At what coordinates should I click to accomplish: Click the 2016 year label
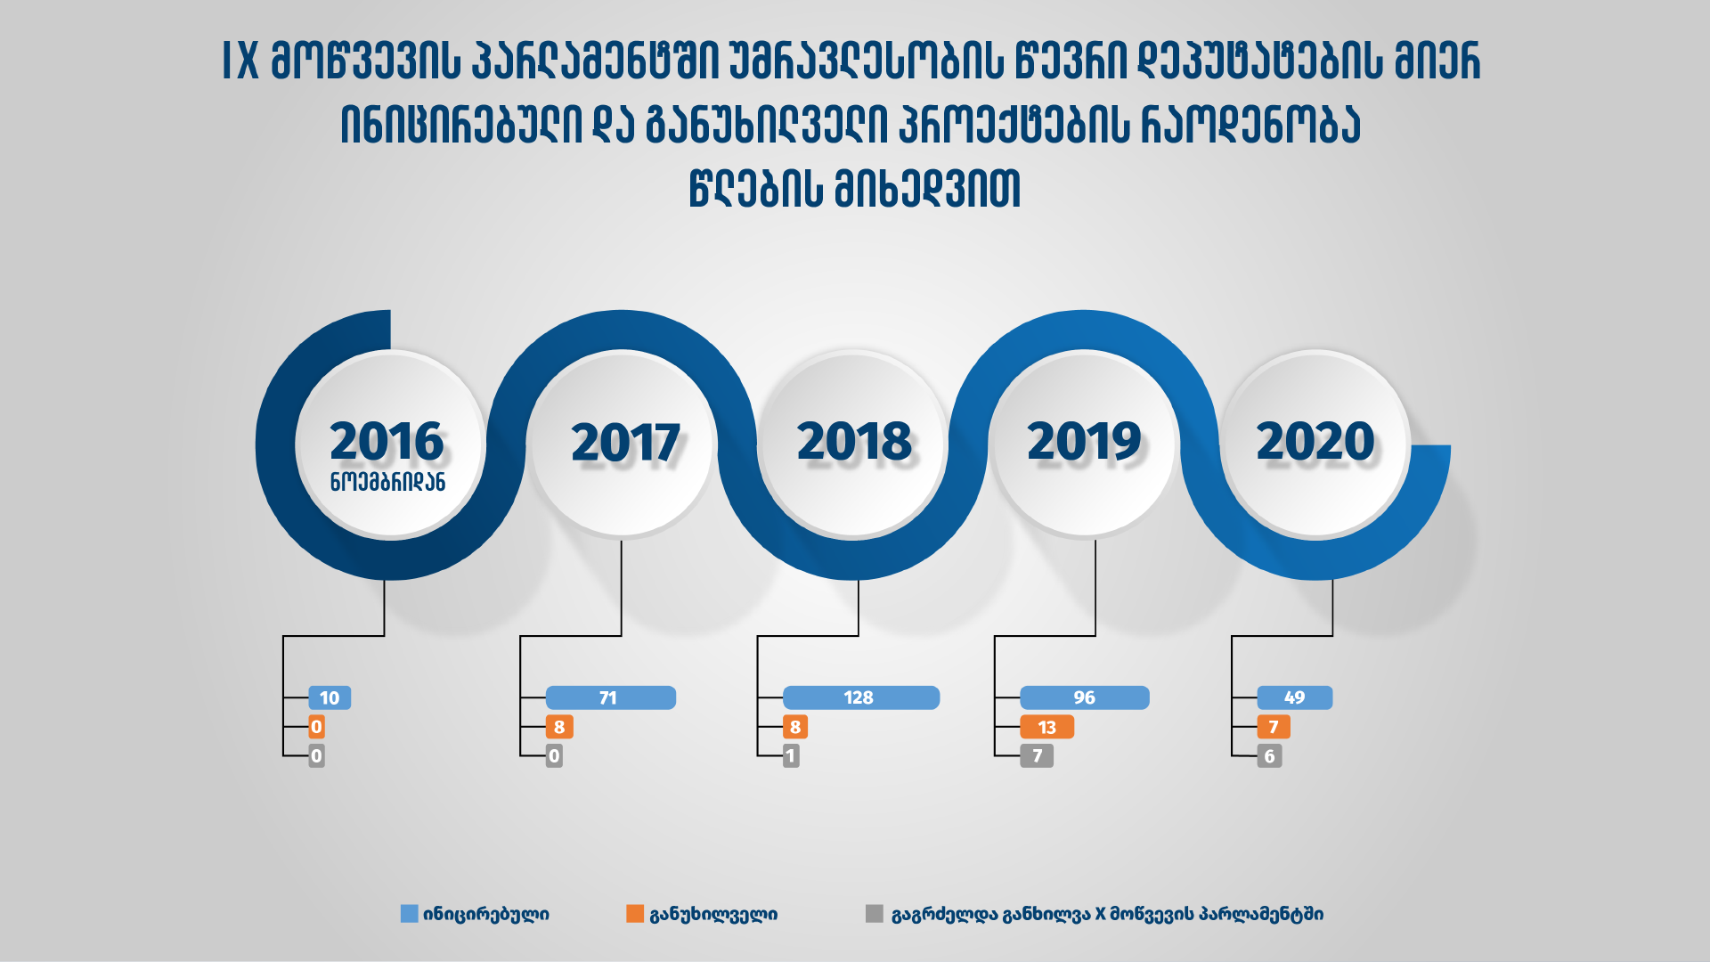(387, 442)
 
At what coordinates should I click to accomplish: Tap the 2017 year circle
(622, 444)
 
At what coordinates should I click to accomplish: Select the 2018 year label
(854, 442)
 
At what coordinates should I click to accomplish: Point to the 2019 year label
(1084, 442)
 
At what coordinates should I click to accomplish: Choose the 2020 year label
(1315, 442)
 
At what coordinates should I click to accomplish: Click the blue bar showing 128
(861, 697)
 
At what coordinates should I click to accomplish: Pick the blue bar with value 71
(611, 697)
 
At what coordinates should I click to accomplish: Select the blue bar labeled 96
(1085, 697)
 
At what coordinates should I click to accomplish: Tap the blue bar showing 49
(1295, 697)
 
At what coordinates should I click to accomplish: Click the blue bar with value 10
(330, 697)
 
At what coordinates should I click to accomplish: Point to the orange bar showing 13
(1047, 727)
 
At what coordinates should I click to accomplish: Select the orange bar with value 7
(1274, 727)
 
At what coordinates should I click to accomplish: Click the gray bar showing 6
(1269, 756)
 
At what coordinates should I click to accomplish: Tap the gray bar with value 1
(791, 756)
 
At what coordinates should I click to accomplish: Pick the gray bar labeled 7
(1037, 756)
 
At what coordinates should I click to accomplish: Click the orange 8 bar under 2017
(559, 727)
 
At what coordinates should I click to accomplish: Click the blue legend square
(410, 914)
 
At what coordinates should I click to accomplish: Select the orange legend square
(635, 914)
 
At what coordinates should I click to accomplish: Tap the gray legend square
(875, 914)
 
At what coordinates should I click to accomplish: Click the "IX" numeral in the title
(240, 61)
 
